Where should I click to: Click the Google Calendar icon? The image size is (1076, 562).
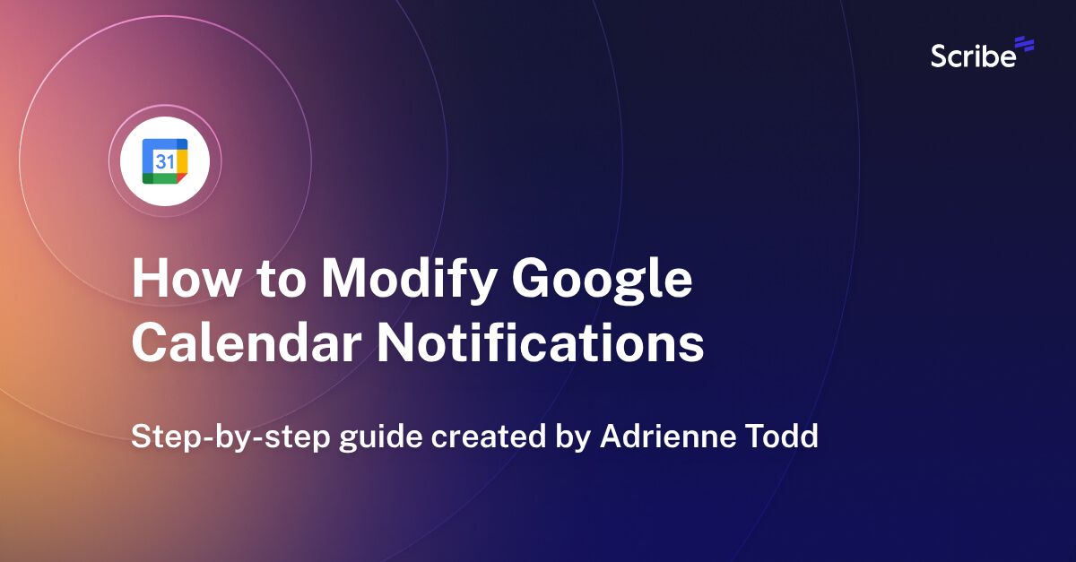pyautogui.click(x=165, y=161)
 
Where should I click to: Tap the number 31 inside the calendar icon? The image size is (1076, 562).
pyautogui.click(x=164, y=161)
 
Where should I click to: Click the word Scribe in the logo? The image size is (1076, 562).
pyautogui.click(x=973, y=56)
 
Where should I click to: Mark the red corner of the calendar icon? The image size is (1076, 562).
pyautogui.click(x=182, y=178)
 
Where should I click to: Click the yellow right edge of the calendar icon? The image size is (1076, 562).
pyautogui.click(x=182, y=161)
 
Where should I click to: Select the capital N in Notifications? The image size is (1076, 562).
pyautogui.click(x=395, y=344)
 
